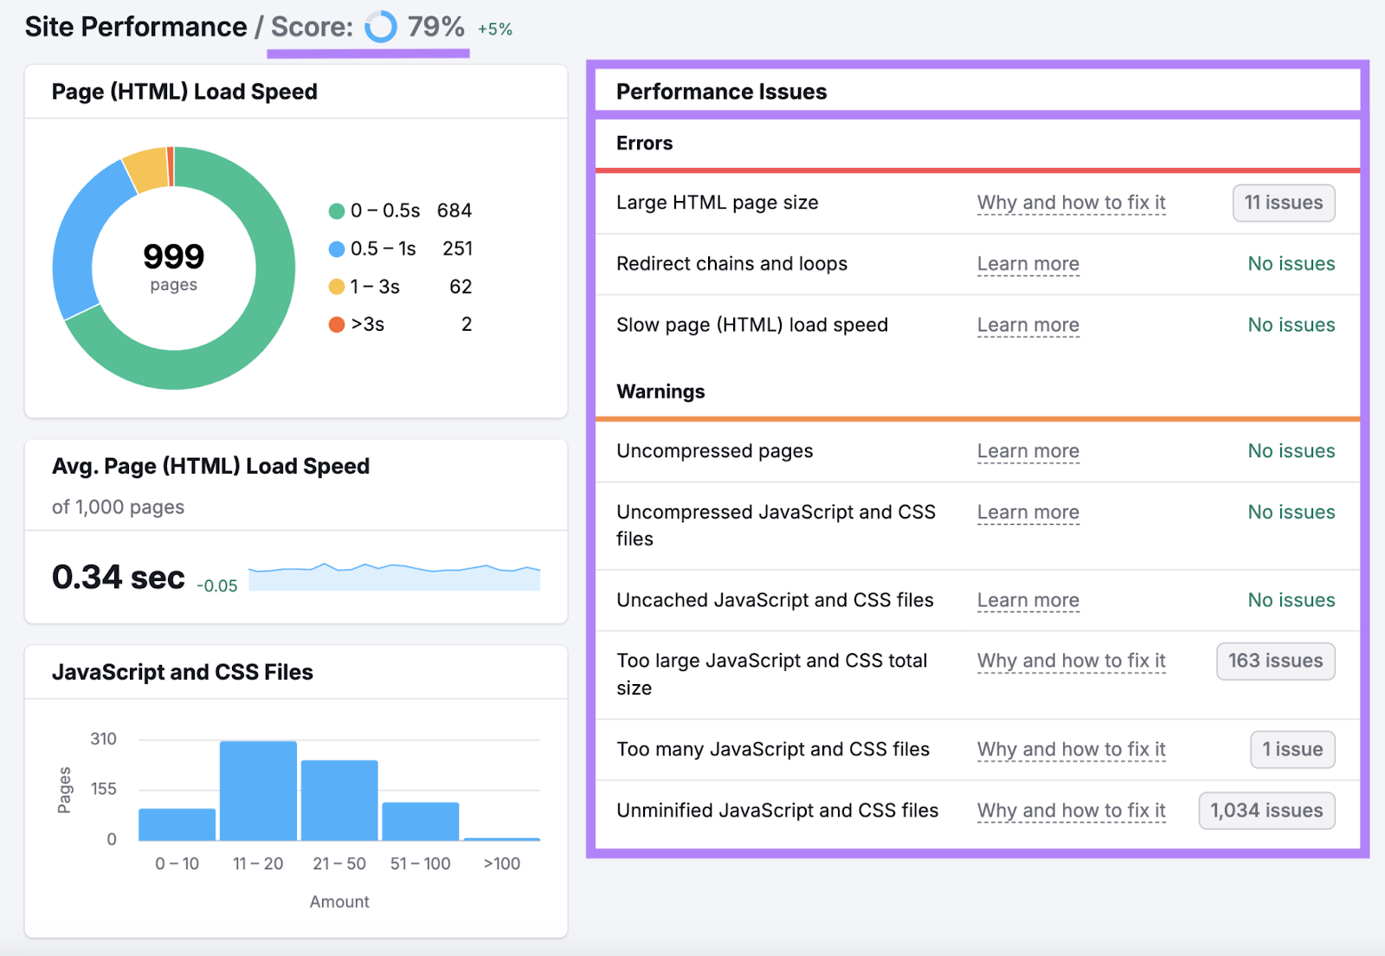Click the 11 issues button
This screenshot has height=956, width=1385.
point(1283,203)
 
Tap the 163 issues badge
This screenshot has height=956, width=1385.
point(1275,661)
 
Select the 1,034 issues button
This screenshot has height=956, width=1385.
point(1266,811)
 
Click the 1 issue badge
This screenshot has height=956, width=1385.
point(1292,749)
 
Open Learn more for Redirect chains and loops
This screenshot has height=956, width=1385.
point(1027,264)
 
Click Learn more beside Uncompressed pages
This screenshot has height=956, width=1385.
point(1027,451)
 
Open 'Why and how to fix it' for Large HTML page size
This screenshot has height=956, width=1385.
point(1071,203)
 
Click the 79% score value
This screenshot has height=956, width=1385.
point(435,27)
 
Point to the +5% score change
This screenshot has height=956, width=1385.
point(495,29)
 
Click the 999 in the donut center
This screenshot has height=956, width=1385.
point(173,256)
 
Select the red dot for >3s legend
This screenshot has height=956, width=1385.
point(337,325)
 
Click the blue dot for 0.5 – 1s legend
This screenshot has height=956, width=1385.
point(337,249)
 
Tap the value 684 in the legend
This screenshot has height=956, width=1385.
point(454,210)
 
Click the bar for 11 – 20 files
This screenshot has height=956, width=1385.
point(258,790)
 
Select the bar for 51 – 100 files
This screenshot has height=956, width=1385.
point(421,820)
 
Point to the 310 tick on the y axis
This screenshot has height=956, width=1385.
point(103,739)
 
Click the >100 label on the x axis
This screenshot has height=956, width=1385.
point(501,863)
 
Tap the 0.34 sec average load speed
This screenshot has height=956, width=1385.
point(119,577)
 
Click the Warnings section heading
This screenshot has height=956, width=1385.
point(660,391)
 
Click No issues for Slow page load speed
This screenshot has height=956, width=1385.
point(1291,325)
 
